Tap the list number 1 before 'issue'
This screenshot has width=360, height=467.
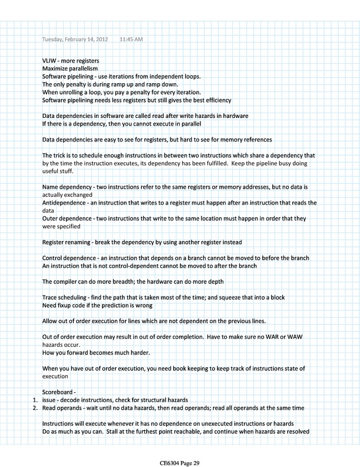coord(34,400)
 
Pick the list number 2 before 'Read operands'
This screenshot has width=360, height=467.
coord(34,407)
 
